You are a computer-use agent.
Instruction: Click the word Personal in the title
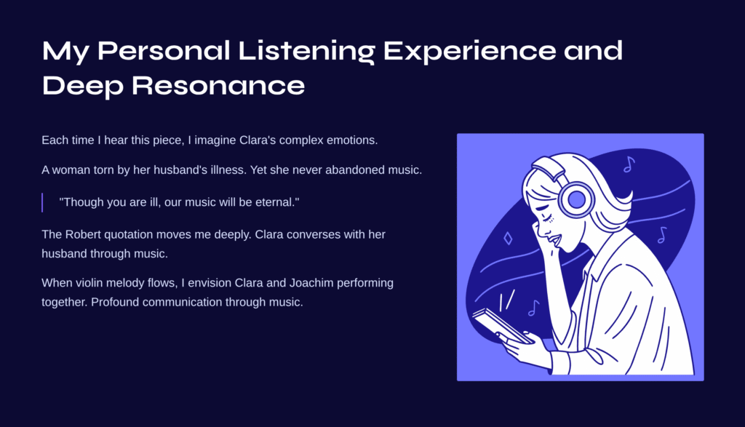point(164,51)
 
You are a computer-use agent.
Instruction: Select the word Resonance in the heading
point(218,86)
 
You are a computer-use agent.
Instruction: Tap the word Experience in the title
point(469,52)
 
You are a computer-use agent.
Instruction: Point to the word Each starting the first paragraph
point(53,140)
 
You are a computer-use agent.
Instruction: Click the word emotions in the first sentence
point(351,140)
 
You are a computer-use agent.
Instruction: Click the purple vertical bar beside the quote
point(42,202)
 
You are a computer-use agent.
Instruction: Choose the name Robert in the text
point(83,234)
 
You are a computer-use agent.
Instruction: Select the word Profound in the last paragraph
point(115,302)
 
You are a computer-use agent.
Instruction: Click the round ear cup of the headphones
point(576,200)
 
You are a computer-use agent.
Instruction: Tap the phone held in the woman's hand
point(502,326)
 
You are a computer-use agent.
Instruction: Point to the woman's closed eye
point(547,217)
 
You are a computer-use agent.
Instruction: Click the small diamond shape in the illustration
point(508,238)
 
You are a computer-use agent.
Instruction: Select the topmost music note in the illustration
point(629,164)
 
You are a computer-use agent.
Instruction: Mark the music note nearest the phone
point(533,308)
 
